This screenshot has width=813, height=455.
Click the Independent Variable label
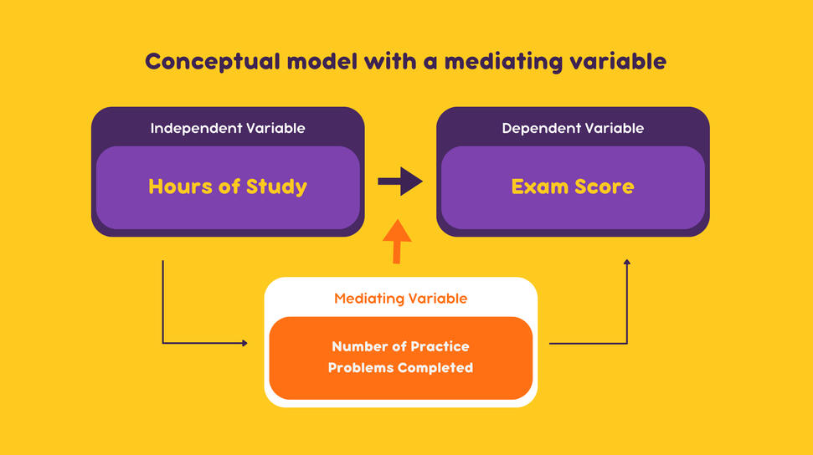(228, 128)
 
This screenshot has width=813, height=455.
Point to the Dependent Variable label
(573, 128)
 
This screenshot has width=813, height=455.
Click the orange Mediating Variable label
(400, 299)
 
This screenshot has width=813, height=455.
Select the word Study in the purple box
(276, 187)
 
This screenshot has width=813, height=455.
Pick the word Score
(604, 187)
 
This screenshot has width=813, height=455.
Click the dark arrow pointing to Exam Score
(399, 181)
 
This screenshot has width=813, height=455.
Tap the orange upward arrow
(397, 242)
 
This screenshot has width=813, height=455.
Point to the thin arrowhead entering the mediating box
(244, 343)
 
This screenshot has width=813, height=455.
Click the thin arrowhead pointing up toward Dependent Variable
(627, 263)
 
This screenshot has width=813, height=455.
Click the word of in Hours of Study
(229, 186)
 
